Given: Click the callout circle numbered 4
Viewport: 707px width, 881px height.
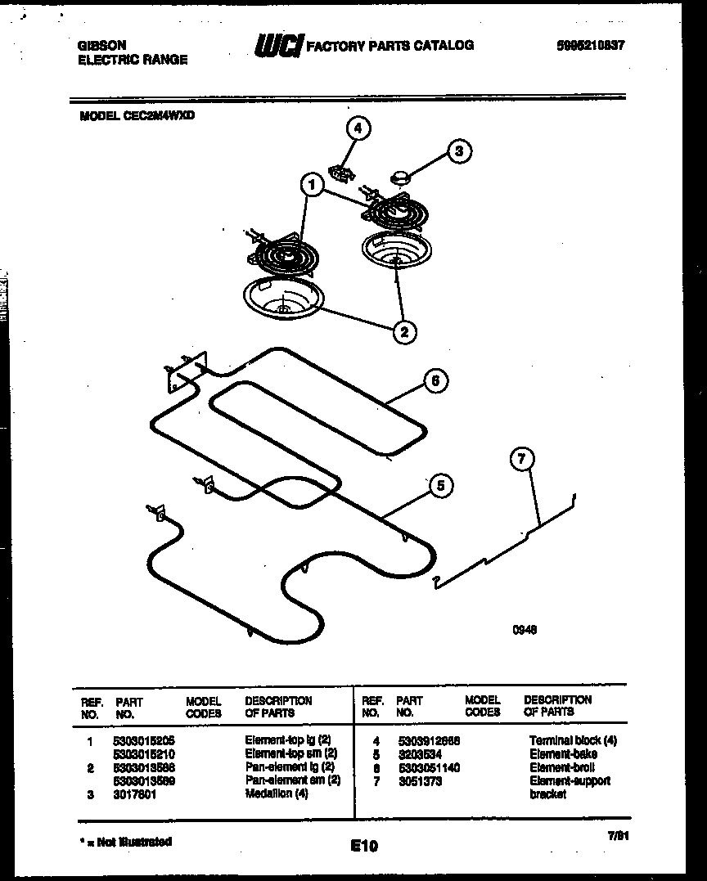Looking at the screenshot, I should click(357, 128).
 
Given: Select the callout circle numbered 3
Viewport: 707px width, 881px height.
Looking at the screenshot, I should click(459, 151).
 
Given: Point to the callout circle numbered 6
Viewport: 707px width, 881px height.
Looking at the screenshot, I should click(435, 380).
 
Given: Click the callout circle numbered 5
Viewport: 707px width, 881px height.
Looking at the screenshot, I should click(440, 486).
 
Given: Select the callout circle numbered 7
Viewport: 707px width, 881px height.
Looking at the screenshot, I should click(521, 460).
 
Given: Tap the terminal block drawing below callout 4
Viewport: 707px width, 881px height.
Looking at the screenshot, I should click(341, 171).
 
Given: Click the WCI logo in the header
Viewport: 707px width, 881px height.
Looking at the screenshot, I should click(279, 47).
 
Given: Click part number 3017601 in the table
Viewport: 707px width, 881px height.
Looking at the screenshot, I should click(136, 794).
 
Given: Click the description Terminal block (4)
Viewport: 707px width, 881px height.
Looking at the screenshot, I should click(573, 740).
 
